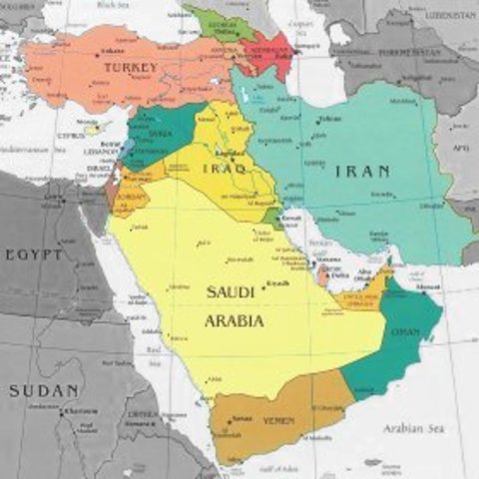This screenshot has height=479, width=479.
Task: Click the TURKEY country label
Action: pos(130,68)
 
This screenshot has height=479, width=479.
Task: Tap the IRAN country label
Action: pos(362,171)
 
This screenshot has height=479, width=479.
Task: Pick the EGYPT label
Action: pos(34,255)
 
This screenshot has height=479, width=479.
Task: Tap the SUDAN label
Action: pos(44,390)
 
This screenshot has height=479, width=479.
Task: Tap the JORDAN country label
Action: pos(130,197)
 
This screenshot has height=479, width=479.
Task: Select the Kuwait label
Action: pos(291,216)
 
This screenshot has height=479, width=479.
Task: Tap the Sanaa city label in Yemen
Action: pos(240,417)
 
